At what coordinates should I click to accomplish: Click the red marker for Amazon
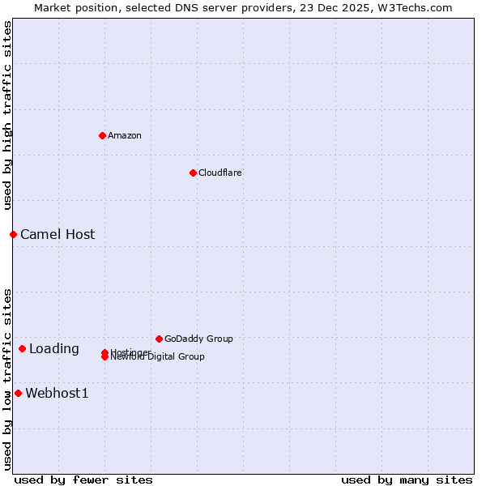[x=102, y=135]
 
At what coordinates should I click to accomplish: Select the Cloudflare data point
[x=193, y=173]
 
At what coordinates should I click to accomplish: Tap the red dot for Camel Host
[x=13, y=234]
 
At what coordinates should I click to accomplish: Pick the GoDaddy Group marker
[x=159, y=339]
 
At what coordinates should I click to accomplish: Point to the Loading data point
[x=22, y=348]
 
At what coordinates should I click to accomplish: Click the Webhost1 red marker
[x=18, y=393]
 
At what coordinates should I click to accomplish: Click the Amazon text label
[x=124, y=135]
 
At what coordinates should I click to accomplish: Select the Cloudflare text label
[x=220, y=173]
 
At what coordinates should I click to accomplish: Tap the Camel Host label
[x=58, y=234]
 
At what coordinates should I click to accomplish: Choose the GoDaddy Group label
[x=198, y=339]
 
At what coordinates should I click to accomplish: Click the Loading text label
[x=54, y=349]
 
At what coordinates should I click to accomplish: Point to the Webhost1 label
[x=57, y=394]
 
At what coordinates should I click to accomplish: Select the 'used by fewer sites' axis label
[x=83, y=480]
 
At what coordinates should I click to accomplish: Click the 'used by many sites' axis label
[x=407, y=480]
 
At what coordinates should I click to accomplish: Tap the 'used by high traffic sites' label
[x=8, y=116]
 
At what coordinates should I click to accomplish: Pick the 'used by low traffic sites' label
[x=8, y=379]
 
